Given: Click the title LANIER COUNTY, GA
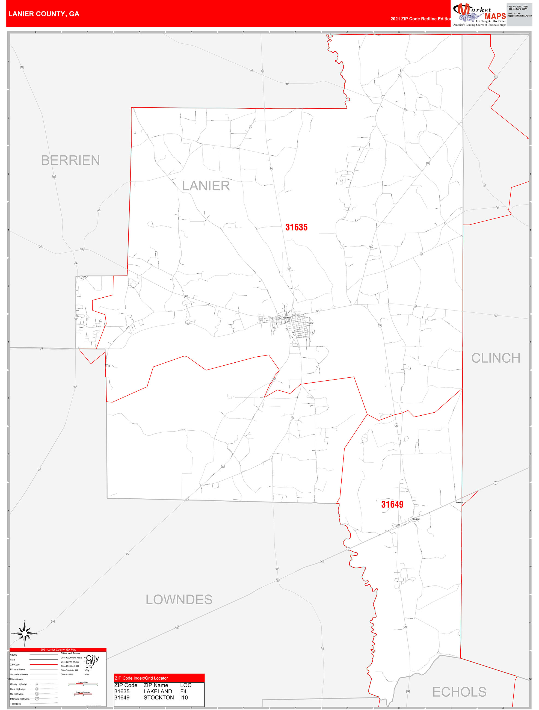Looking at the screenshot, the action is (44, 14).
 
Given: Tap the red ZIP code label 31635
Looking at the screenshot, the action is (296, 227).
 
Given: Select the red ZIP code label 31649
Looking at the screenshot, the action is (392, 504).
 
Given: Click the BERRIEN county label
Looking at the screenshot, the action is (70, 160).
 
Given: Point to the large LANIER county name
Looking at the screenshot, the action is (206, 186).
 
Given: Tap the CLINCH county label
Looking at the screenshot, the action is (495, 358).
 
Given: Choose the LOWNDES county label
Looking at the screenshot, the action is (179, 600).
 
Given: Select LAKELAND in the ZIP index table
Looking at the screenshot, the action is (158, 691).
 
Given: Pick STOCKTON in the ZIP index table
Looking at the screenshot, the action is (159, 697).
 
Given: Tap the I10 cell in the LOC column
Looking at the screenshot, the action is (184, 697).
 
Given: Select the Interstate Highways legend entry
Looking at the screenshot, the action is (20, 699).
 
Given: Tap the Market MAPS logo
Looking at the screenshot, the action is (479, 14).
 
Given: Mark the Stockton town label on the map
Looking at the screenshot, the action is (416, 519).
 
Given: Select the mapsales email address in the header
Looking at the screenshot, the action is (519, 16).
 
